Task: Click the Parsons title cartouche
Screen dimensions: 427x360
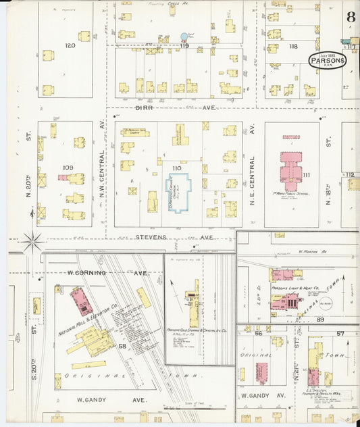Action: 328,60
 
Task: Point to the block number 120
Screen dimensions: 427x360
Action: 70,46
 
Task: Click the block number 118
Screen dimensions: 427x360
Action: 292,47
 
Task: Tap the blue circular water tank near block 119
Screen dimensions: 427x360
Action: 184,36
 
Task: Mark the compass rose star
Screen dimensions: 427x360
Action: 32,239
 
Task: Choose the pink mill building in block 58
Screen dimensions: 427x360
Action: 82,301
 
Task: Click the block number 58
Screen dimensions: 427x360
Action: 122,346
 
